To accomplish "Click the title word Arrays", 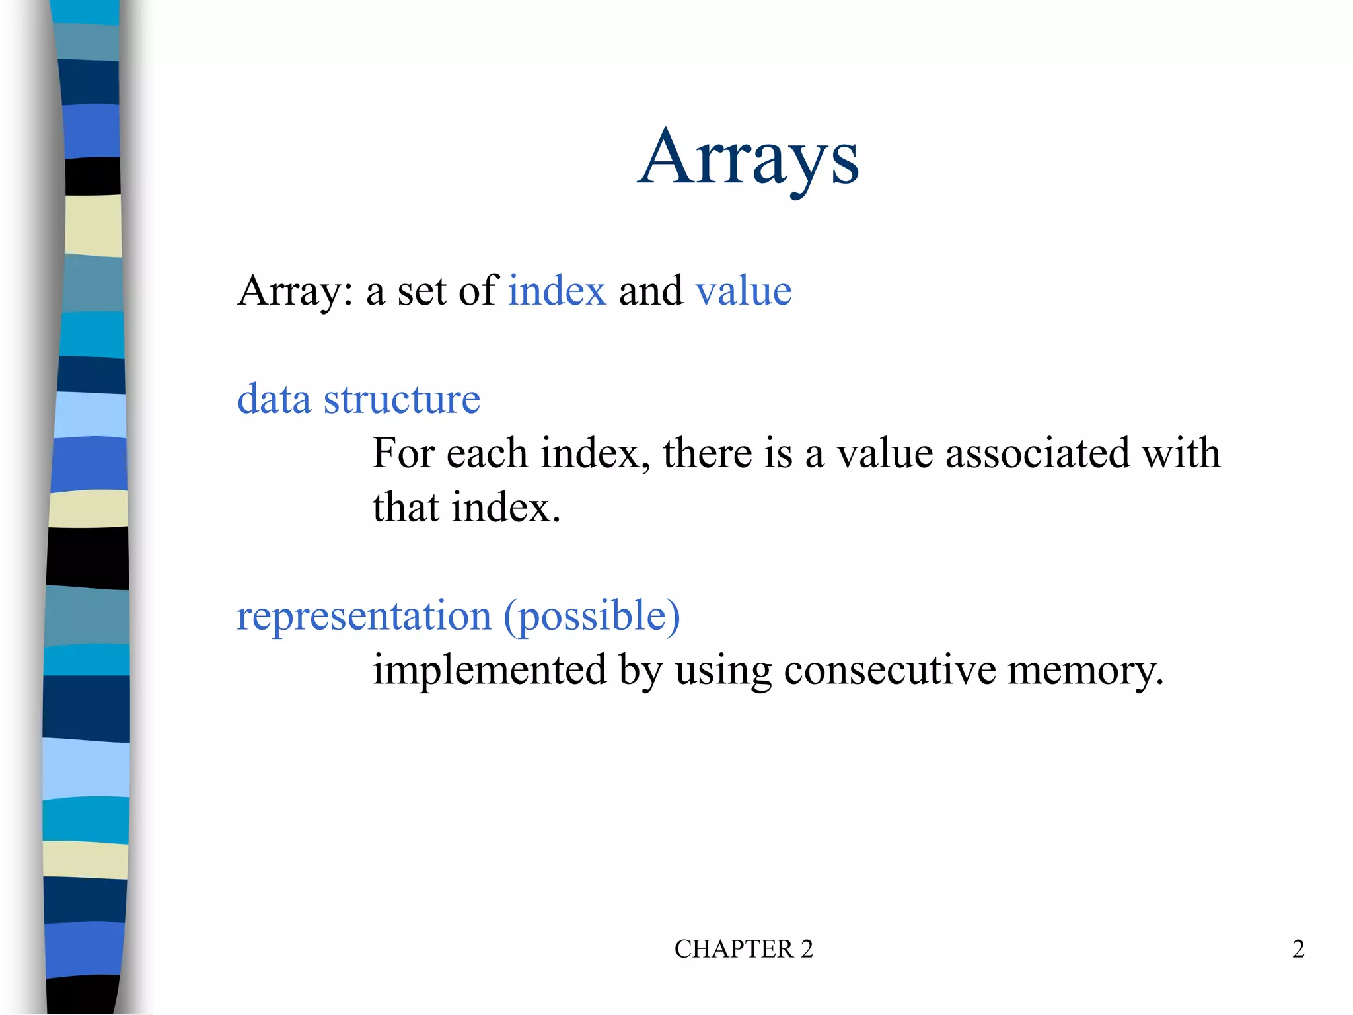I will tap(748, 159).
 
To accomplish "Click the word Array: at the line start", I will tap(295, 291).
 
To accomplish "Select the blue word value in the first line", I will tap(743, 291).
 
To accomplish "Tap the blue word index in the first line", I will tap(557, 291).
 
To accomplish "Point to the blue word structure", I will tap(402, 399).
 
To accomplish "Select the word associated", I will tap(1037, 453).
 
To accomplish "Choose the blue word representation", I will tap(364, 616).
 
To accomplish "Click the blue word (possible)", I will tap(591, 616).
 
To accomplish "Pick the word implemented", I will tap(489, 670).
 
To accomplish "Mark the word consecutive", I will tap(889, 670).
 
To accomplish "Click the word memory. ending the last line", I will tap(1085, 670).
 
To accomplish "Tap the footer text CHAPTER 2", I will tap(743, 949).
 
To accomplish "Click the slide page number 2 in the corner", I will tap(1298, 949).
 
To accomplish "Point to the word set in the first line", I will tap(421, 291).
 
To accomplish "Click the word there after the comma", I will tap(708, 453).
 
